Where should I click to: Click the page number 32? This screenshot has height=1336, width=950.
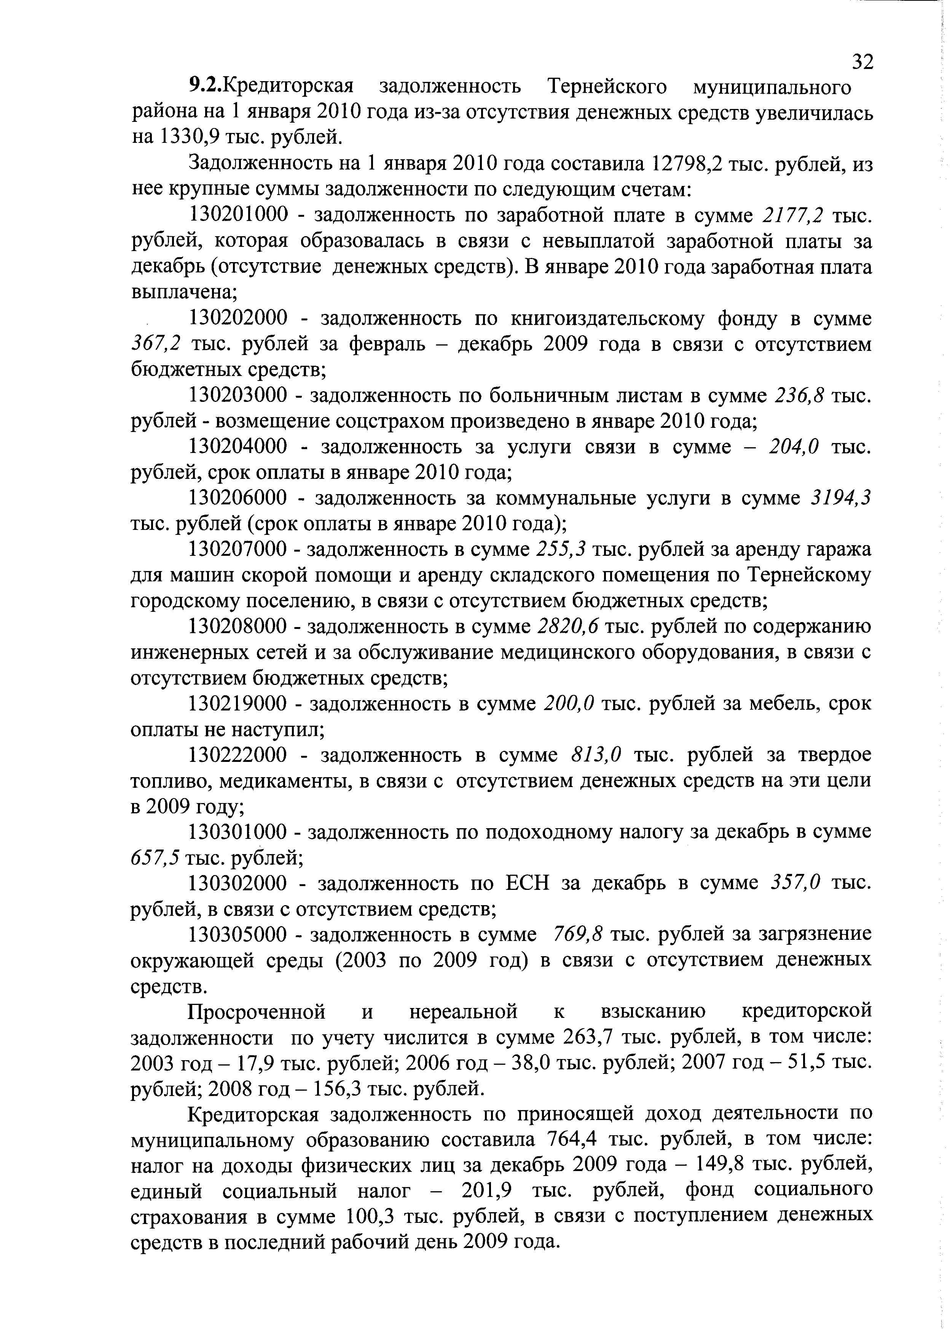862,61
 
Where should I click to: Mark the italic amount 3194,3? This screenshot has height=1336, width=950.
841,498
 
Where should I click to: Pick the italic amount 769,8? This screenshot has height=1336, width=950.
578,935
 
